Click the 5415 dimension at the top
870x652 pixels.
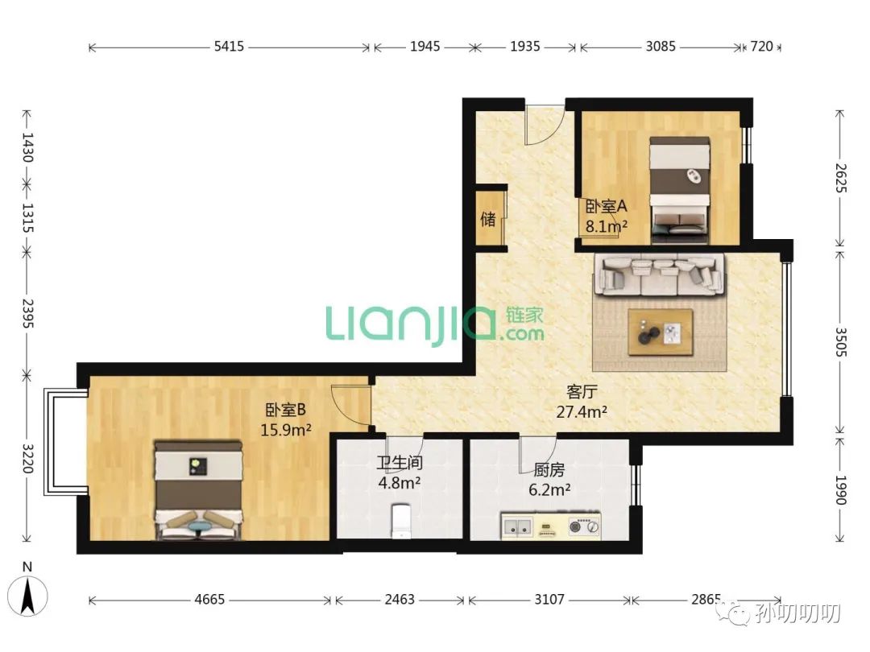(x=229, y=46)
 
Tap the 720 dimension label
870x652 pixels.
(x=761, y=46)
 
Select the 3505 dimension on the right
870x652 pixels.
(x=841, y=342)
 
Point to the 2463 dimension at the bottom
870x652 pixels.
(x=400, y=600)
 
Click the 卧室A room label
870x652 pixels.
(x=606, y=206)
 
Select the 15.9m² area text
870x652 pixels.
(x=286, y=430)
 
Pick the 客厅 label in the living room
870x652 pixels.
(x=582, y=391)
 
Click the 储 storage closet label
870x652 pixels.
(x=488, y=219)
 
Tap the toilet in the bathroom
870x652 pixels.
(x=400, y=521)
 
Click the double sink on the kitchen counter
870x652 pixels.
(x=518, y=526)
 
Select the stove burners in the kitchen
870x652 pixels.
(x=584, y=525)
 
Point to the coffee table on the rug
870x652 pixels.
(x=661, y=332)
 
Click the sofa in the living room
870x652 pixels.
(x=660, y=274)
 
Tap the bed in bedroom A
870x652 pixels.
(x=680, y=190)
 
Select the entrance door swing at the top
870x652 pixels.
(x=545, y=126)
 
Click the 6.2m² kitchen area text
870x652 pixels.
(x=549, y=490)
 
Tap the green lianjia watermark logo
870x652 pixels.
(x=434, y=324)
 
